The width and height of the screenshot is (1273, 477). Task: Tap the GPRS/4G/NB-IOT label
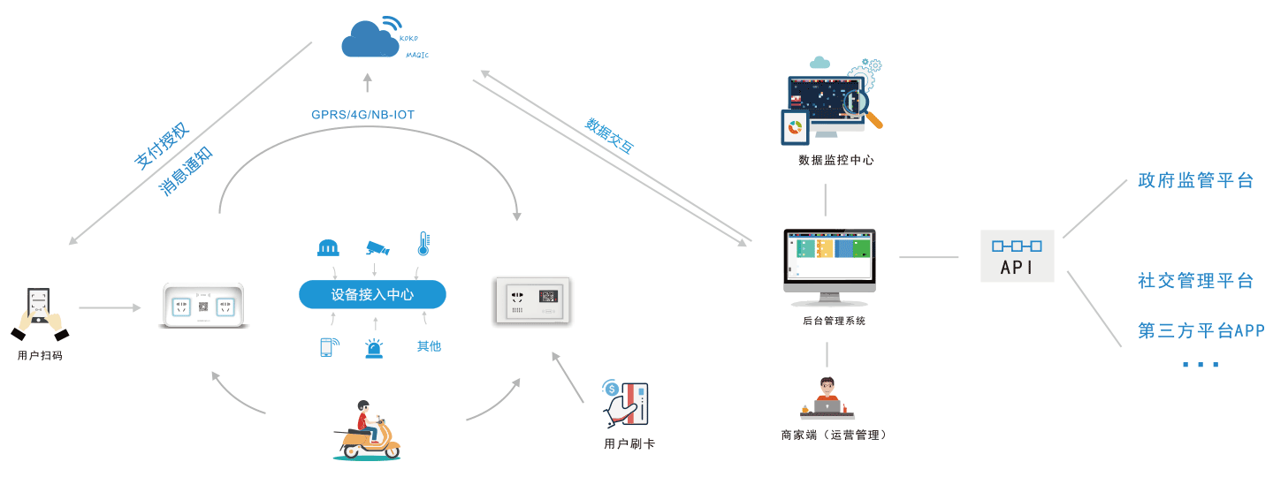362,115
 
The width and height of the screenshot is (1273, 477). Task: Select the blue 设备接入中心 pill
372,294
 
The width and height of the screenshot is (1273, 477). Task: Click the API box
1017,256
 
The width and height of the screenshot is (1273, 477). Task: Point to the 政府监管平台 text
1196,181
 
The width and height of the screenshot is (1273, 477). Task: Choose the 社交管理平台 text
1196,281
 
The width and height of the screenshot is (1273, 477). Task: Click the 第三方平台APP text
1201,331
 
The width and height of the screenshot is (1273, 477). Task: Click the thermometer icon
423,245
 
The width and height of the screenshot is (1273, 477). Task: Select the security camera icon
377,247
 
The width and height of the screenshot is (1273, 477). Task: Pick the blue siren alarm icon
375,348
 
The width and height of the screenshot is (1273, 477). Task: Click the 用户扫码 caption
40,355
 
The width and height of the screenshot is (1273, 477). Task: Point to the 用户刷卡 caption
629,443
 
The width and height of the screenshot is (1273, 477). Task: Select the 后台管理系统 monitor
828,261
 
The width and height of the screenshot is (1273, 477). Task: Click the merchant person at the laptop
827,398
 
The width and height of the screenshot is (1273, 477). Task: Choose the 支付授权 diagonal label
162,146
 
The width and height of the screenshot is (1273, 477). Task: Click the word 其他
429,346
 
